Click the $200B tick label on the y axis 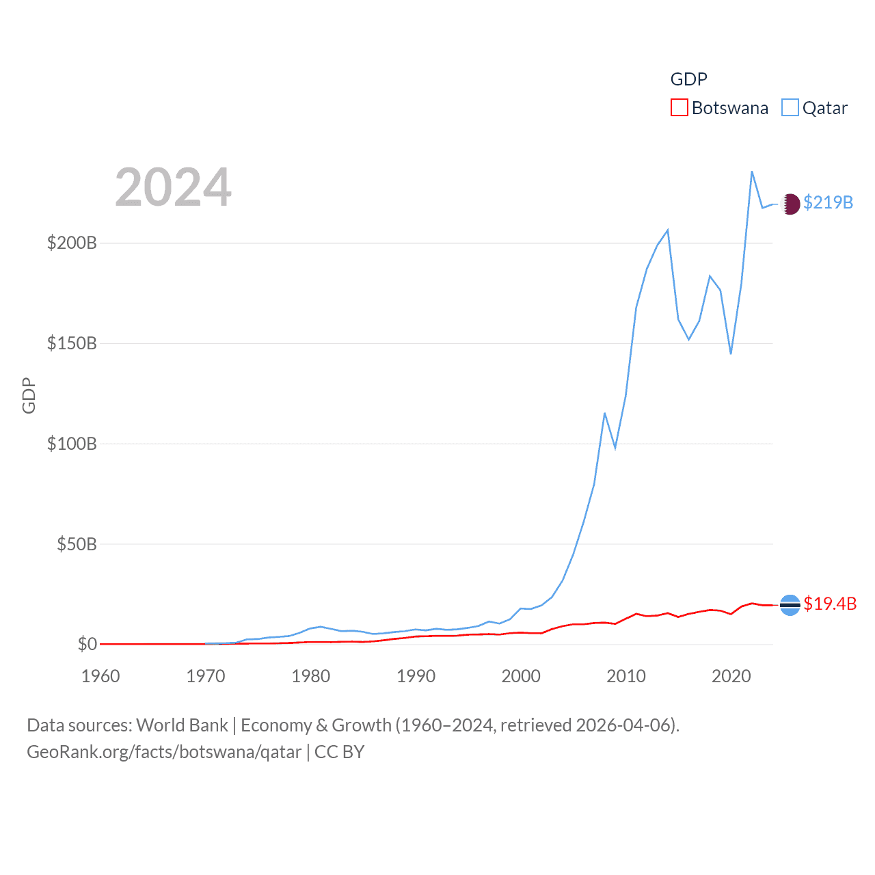72,243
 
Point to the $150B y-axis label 72,343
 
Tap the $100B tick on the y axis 72,444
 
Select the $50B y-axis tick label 77,544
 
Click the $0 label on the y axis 87,644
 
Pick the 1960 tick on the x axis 100,676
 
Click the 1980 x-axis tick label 311,676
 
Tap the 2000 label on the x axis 521,676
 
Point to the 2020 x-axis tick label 731,676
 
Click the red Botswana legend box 679,107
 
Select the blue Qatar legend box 790,107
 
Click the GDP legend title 688,79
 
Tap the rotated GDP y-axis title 29,395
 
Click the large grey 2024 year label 173,187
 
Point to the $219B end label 828,202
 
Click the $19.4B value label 830,604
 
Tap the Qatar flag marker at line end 790,204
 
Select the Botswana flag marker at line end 790,605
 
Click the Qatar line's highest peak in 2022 752,172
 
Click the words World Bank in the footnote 182,725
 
